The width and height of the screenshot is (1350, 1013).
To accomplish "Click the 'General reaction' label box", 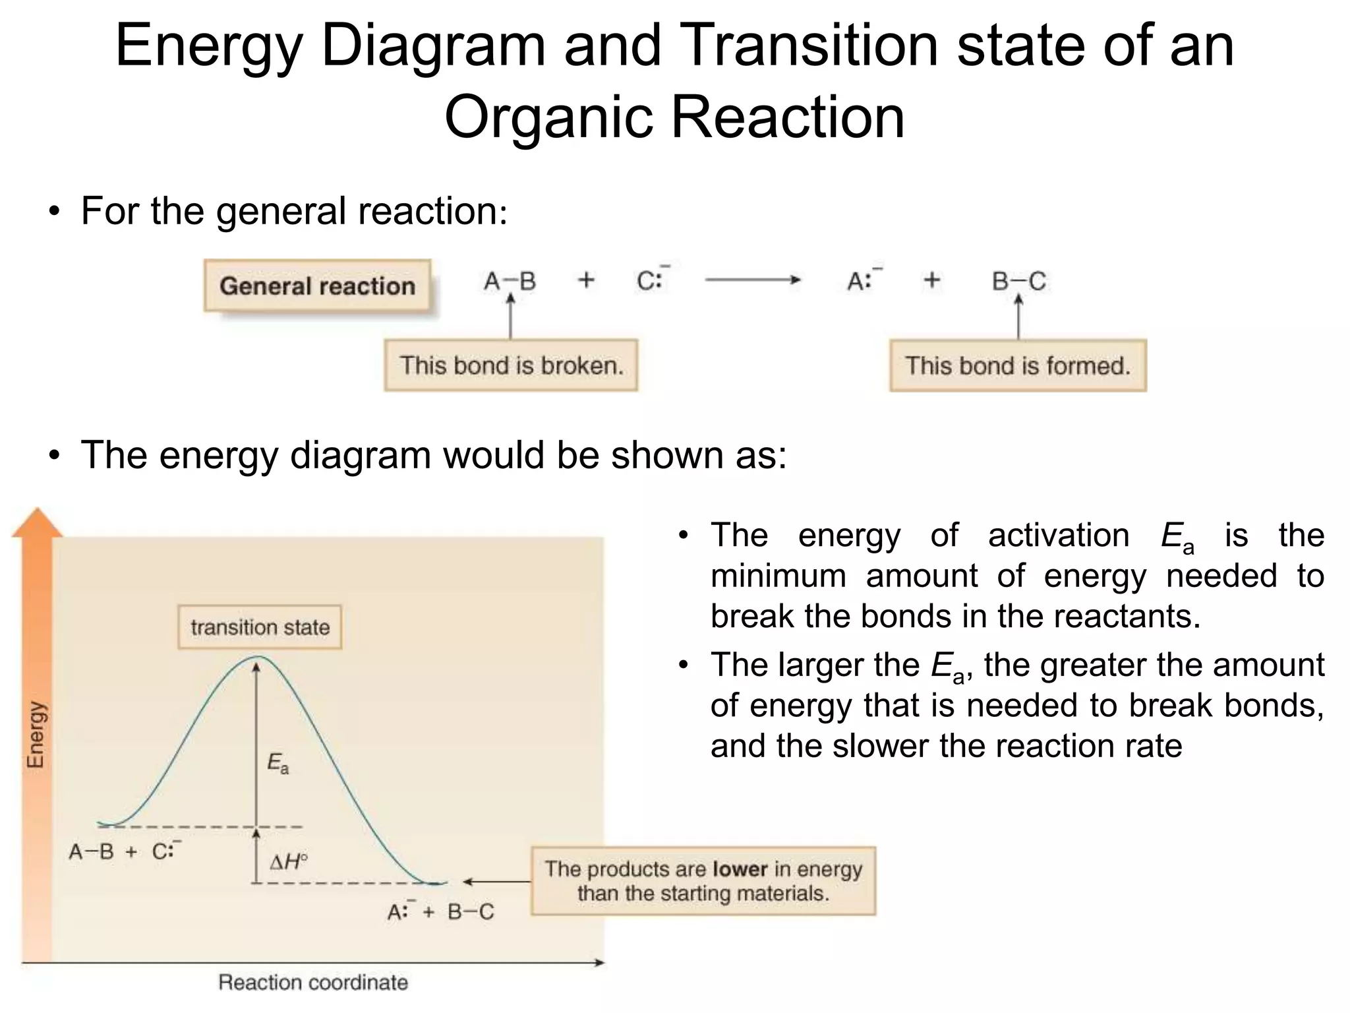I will coord(317,286).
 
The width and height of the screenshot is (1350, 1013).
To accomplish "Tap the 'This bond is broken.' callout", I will coord(511,365).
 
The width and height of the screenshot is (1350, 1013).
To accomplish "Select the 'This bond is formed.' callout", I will coord(1017,365).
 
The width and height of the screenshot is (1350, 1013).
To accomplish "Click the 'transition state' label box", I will coord(260,627).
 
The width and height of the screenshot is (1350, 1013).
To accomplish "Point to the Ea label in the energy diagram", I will coord(278,764).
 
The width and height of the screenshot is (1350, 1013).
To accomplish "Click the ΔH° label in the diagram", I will coord(288,861).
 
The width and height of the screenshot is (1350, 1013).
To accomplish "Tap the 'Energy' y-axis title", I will coord(36,735).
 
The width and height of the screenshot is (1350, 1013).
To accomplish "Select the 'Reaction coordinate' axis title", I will coord(313,982).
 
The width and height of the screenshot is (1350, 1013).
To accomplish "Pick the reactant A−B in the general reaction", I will coord(510,282).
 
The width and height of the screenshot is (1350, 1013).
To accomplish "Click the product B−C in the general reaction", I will coord(1018,282).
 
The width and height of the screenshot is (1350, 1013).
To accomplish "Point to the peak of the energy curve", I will coord(258,657).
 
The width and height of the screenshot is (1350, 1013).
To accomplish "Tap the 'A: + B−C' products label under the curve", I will coord(440,911).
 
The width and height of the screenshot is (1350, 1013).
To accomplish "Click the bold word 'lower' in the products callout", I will coord(740,869).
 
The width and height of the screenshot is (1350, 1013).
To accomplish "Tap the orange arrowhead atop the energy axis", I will coord(38,522).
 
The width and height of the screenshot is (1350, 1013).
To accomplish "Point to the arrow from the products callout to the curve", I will coord(496,881).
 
